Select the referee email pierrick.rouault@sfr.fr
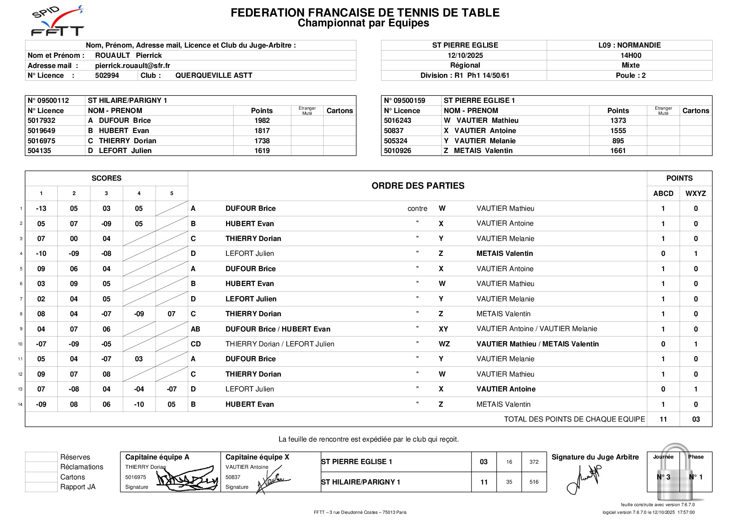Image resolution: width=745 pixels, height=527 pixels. pyautogui.click(x=133, y=65)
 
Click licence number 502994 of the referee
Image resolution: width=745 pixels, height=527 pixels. pyautogui.click(x=107, y=76)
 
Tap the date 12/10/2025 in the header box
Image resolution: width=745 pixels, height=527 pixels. pyautogui.click(x=465, y=55)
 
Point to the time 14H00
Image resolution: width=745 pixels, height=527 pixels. pyautogui.click(x=630, y=55)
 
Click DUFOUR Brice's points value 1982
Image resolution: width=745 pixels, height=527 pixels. pyautogui.click(x=262, y=121)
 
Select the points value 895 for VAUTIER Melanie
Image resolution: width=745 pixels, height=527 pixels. pyautogui.click(x=618, y=141)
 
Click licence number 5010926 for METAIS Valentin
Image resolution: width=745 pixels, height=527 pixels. pyautogui.click(x=398, y=151)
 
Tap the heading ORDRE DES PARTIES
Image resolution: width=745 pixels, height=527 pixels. pyautogui.click(x=418, y=186)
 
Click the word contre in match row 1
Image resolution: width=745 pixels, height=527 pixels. pyautogui.click(x=417, y=209)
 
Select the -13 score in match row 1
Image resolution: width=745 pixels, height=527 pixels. pyautogui.click(x=41, y=209)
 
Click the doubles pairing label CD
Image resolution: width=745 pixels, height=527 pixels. pyautogui.click(x=196, y=344)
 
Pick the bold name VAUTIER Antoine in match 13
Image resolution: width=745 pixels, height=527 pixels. pyautogui.click(x=506, y=389)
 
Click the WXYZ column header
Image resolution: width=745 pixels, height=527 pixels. pyautogui.click(x=695, y=194)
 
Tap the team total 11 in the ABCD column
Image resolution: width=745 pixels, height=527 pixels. pyautogui.click(x=663, y=419)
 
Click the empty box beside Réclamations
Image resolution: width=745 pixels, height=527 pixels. pyautogui.click(x=41, y=467)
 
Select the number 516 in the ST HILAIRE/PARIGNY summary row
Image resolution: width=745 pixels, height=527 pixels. pyautogui.click(x=534, y=482)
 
